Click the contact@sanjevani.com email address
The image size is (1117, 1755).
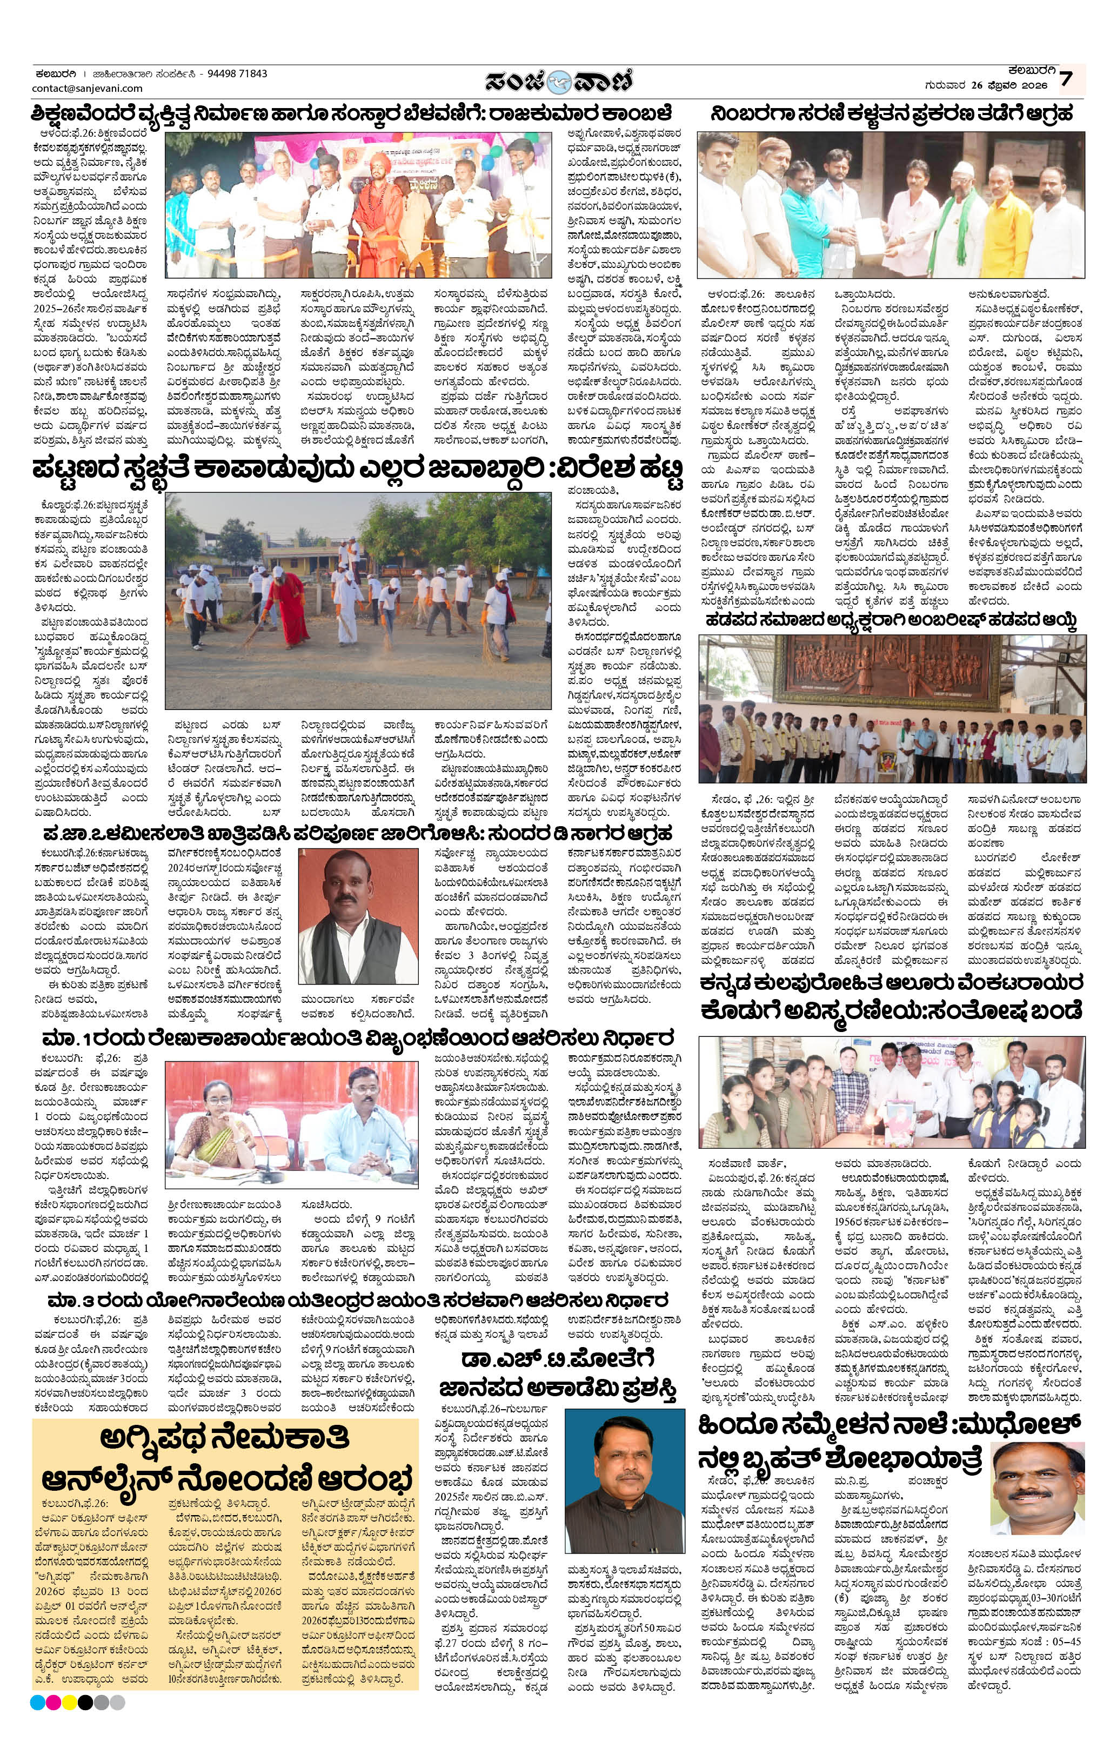click(88, 88)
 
